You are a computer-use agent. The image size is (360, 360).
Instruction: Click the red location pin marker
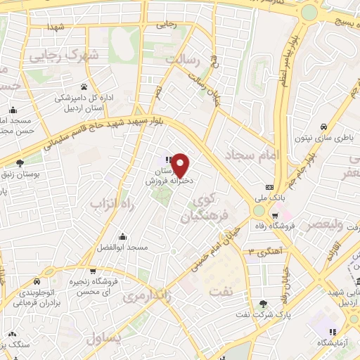pyautogui.click(x=181, y=165)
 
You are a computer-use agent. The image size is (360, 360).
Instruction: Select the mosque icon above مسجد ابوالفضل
pyautogui.click(x=123, y=236)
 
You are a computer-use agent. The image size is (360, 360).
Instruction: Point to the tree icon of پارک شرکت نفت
pyautogui.click(x=263, y=304)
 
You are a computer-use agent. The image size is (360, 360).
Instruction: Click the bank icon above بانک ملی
pyautogui.click(x=269, y=187)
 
